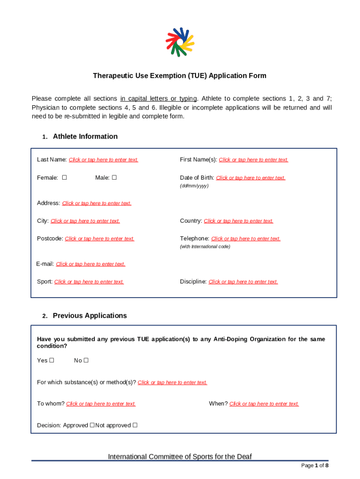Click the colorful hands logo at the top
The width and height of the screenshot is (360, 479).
pos(180,42)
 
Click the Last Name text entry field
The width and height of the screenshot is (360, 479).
pos(103,160)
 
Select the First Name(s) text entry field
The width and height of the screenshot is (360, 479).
pos(253,160)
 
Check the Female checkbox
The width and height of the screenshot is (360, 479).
pos(65,178)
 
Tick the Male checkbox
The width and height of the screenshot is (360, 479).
pos(114,178)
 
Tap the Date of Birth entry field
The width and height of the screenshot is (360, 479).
pos(251,178)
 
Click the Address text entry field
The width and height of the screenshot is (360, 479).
pos(97,203)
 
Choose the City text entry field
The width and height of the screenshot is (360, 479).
pos(85,221)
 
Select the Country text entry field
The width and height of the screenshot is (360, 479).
pos(238,221)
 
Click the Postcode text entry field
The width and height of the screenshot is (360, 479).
pos(100,239)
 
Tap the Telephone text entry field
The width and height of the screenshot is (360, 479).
pos(246,239)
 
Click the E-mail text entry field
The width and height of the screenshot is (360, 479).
pos(91,264)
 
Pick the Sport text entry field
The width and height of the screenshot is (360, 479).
pos(89,282)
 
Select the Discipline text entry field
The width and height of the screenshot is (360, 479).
pos(243,282)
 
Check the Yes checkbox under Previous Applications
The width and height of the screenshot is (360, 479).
pos(52,361)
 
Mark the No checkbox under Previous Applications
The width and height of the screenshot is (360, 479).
pos(86,361)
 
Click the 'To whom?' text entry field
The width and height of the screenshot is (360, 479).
pos(101,404)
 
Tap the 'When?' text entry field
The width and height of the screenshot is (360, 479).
pos(264,404)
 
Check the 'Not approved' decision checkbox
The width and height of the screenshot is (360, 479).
pos(135,425)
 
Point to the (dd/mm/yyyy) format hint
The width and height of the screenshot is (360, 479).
pos(194,186)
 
